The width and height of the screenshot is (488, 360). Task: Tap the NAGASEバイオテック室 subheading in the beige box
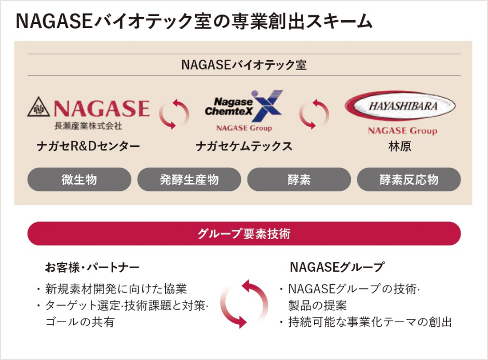tap(244, 65)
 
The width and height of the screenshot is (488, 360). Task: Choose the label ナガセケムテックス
tap(243, 147)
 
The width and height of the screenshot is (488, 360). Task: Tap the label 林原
tap(400, 147)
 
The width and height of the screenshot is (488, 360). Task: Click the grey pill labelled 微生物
tap(79, 179)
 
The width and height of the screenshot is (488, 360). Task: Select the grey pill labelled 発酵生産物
tap(189, 179)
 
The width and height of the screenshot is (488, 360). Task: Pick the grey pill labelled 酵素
tap(299, 179)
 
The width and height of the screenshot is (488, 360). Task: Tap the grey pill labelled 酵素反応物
tap(409, 179)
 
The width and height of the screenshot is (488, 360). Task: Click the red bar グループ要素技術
tap(244, 233)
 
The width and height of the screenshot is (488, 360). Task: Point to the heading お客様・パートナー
tap(92, 268)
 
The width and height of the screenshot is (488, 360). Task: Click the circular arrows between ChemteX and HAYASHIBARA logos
tap(314, 113)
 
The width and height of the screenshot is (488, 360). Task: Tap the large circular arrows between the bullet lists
tap(244, 303)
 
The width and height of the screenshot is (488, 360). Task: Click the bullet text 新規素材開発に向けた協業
tap(116, 289)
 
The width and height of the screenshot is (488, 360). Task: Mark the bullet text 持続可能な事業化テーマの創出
tap(370, 322)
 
